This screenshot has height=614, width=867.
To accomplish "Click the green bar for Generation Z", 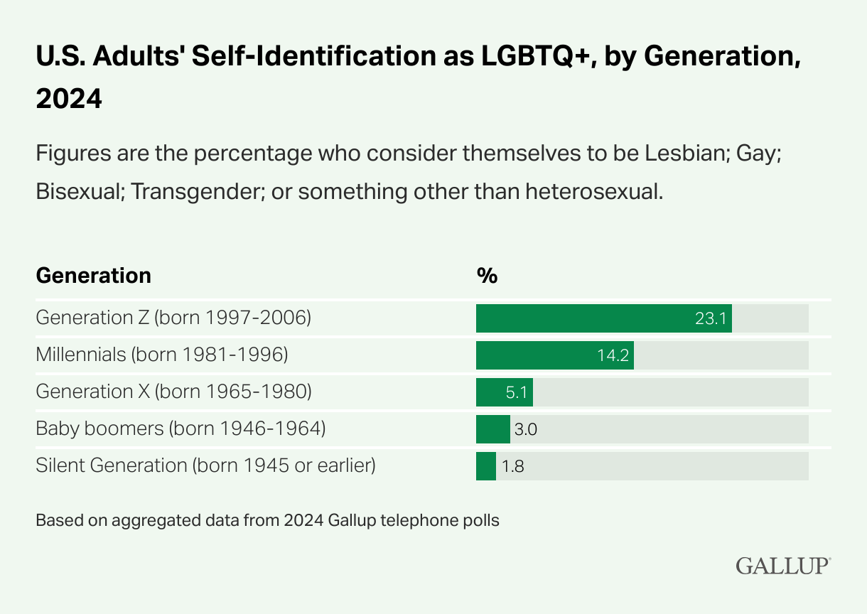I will (x=583, y=318).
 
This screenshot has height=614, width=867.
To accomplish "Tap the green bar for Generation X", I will (x=490, y=392).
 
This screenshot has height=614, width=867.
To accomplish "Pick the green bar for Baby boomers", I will (x=492, y=429).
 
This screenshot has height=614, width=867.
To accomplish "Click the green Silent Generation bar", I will (x=485, y=466).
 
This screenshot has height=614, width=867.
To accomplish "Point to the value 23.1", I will (x=710, y=318).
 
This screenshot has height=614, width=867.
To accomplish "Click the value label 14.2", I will (x=613, y=355).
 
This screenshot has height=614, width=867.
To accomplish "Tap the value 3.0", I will (x=526, y=429).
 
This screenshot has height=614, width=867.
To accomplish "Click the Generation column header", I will (x=93, y=276).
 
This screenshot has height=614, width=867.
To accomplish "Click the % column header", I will (x=487, y=276).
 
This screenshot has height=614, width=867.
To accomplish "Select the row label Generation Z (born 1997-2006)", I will (x=173, y=318).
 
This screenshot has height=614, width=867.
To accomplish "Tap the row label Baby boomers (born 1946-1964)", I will (x=181, y=429).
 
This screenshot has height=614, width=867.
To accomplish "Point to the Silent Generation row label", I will (x=205, y=465).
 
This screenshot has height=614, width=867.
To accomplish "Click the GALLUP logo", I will (x=782, y=566).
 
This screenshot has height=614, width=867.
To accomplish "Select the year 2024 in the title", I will (x=69, y=99).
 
